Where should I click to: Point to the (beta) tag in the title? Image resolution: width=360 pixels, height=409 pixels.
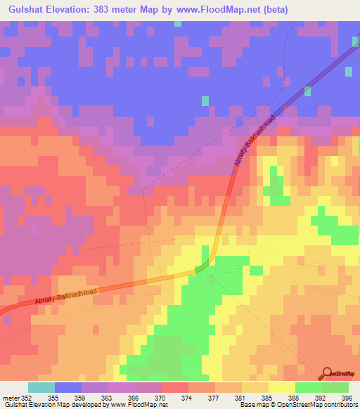[277, 10]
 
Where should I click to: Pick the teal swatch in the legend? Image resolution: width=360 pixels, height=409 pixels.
[41, 387]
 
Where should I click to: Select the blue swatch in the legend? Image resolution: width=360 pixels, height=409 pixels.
[68, 387]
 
